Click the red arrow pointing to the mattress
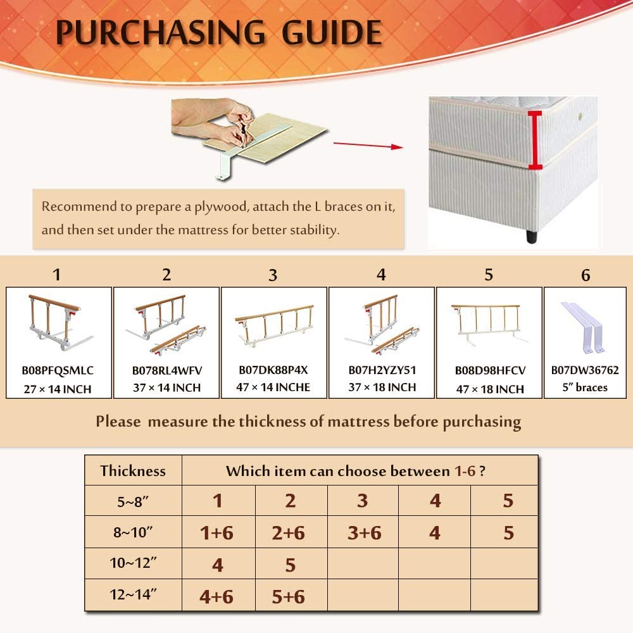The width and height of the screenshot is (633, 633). [368, 146]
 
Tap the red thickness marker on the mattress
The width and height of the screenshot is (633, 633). [534, 140]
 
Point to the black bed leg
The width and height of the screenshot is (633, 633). [532, 235]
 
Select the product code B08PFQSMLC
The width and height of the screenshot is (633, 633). [58, 370]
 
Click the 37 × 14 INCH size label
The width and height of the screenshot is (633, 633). [166, 387]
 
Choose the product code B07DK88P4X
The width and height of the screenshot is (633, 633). [273, 370]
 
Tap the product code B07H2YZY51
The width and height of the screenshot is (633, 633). [382, 370]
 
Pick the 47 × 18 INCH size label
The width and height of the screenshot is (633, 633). [490, 389]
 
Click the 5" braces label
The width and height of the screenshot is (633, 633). [585, 387]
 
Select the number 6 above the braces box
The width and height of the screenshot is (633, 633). [586, 275]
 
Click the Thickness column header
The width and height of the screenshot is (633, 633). [133, 471]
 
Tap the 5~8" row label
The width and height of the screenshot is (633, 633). [133, 501]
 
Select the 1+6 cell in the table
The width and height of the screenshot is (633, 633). [216, 533]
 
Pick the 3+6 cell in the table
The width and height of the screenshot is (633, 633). [364, 533]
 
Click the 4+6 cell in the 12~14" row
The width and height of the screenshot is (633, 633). [216, 597]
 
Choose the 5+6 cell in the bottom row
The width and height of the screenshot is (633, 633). [288, 597]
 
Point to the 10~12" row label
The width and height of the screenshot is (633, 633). [133, 563]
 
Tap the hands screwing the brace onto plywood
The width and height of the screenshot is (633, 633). [213, 121]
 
